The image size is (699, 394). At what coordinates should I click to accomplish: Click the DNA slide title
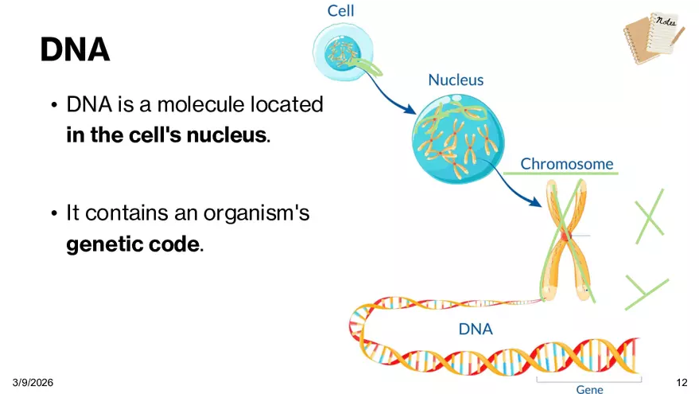point(75,49)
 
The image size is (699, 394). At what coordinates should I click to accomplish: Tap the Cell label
point(340,11)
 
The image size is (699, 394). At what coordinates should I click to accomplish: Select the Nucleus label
point(456,80)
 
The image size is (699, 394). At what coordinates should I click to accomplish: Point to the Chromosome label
point(567,164)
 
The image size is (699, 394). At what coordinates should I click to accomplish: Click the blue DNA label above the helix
point(476,329)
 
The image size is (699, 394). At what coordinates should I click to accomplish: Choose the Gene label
point(589,390)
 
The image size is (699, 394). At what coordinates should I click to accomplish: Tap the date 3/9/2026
point(33,383)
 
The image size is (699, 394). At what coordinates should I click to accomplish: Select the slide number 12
point(681,383)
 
